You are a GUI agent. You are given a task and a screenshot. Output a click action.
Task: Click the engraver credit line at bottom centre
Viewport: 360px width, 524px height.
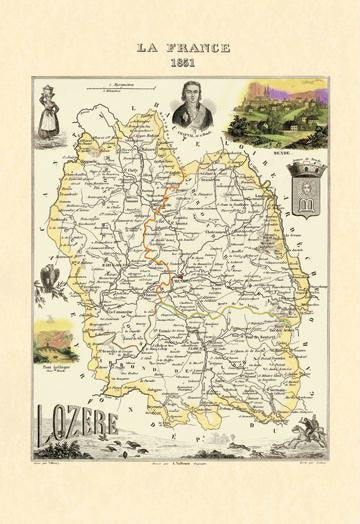pyautogui.click(x=180, y=465)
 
